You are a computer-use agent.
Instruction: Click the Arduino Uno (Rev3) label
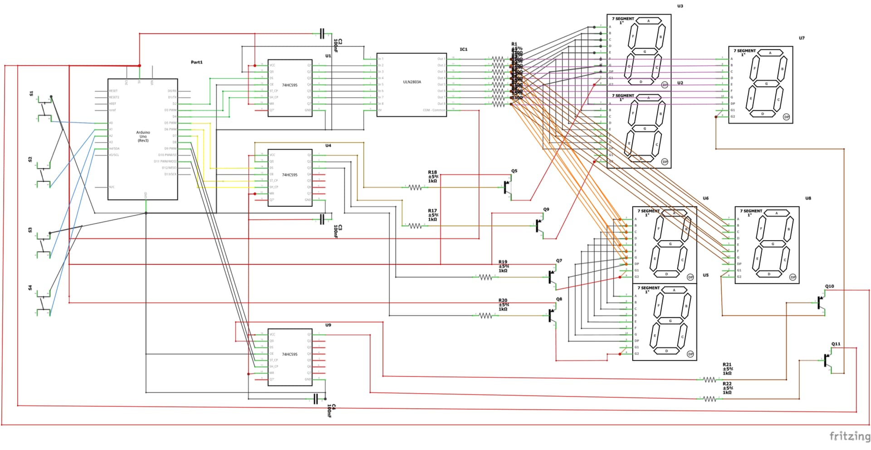(143, 136)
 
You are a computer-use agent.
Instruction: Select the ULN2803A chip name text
(412, 82)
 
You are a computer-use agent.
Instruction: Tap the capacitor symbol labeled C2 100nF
(322, 33)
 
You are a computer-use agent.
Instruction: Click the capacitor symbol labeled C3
(322, 219)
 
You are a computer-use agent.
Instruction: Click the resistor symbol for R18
(415, 187)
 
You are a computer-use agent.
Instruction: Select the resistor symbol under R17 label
(415, 226)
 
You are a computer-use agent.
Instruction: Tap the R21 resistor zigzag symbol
(710, 380)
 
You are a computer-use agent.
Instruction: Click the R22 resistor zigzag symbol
(710, 399)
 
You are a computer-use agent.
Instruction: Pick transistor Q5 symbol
(508, 187)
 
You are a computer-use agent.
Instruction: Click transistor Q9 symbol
(539, 226)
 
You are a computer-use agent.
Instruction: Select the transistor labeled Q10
(822, 302)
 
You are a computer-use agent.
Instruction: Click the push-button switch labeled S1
(44, 108)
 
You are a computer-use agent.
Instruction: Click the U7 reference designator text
(802, 38)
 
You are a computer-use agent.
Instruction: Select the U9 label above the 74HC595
(328, 325)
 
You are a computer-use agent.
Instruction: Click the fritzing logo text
(850, 436)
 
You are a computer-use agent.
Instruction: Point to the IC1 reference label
(463, 49)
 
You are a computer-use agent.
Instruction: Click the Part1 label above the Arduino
(196, 62)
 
